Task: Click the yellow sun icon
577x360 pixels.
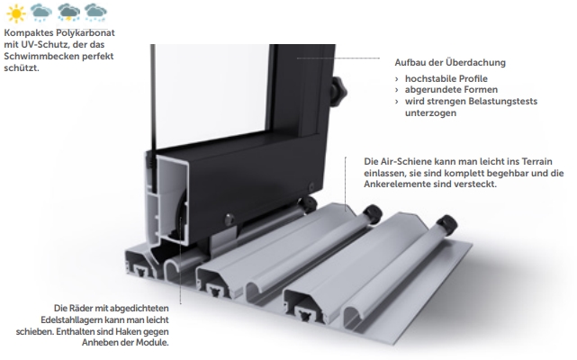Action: [16, 13]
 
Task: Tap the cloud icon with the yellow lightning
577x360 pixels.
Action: [68, 13]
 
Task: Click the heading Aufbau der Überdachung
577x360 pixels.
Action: [450, 62]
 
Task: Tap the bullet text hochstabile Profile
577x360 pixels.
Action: [446, 78]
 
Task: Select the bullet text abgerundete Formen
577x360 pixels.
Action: [451, 89]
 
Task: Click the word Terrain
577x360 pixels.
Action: [536, 161]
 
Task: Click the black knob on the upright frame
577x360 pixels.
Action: [338, 91]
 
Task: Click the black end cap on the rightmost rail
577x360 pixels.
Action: [446, 224]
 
